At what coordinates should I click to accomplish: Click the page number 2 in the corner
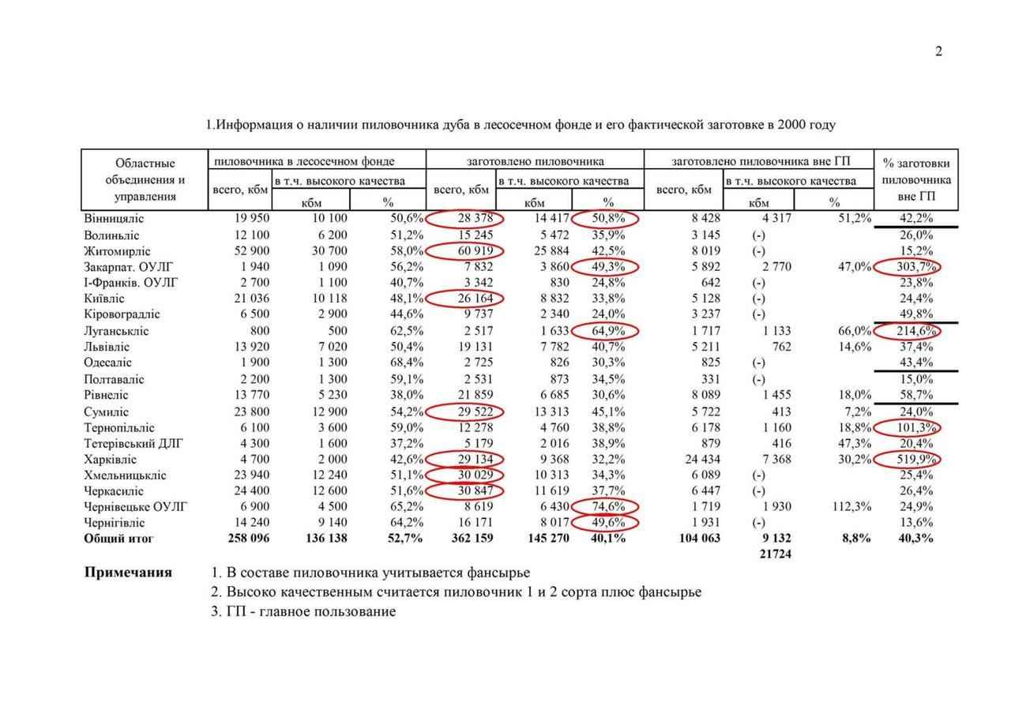[x=938, y=52]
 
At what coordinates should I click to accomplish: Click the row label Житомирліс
[x=117, y=251]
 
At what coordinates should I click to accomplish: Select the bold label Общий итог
[x=119, y=539]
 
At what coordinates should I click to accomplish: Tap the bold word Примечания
[x=128, y=573]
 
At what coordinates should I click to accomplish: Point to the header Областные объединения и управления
[x=145, y=180]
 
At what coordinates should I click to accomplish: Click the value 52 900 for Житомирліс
[x=250, y=251]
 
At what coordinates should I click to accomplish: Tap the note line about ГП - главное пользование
[x=303, y=611]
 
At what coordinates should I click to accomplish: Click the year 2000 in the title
[x=792, y=125]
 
